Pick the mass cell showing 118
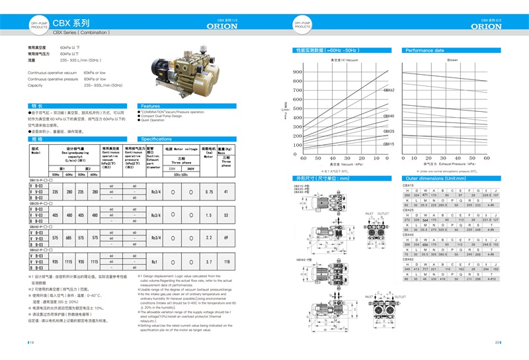click(226, 262)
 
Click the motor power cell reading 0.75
click(209, 192)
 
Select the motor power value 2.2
click(209, 237)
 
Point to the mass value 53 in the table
click(226, 215)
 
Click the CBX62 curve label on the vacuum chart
click(389, 90)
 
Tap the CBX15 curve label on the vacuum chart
click(389, 144)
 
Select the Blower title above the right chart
click(452, 60)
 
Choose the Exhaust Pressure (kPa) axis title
click(454, 164)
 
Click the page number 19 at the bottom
click(31, 342)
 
